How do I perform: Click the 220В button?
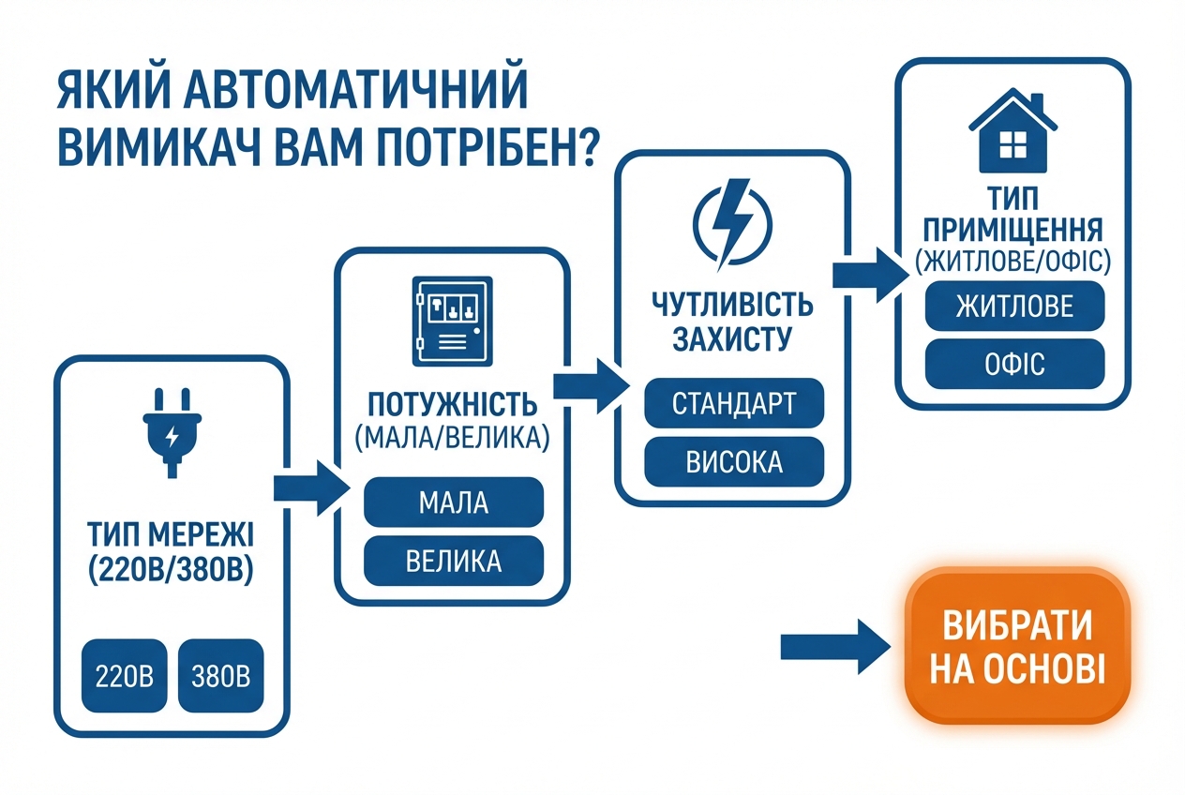click(x=125, y=674)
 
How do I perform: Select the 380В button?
click(x=220, y=674)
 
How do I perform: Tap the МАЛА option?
click(x=453, y=502)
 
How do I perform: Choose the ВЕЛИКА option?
click(x=453, y=562)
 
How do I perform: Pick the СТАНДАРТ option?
click(x=733, y=404)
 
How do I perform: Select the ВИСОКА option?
click(x=733, y=463)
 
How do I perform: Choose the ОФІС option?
click(x=1014, y=363)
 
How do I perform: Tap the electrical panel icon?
click(x=451, y=321)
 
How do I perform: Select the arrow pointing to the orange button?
click(x=835, y=646)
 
